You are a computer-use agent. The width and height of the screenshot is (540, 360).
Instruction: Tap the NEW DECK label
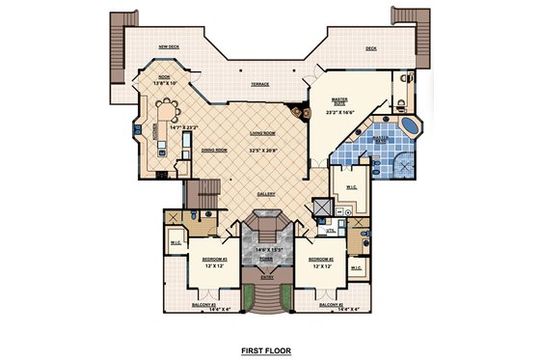click(x=170, y=46)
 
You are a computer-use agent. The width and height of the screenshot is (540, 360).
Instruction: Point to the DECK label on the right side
click(x=370, y=47)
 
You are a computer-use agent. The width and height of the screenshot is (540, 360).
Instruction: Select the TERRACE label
click(x=260, y=85)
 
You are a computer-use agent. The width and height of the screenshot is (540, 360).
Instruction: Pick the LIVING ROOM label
click(x=262, y=134)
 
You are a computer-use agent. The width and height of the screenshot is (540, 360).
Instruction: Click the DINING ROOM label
click(x=214, y=151)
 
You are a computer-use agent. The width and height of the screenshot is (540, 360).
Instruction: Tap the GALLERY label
click(x=266, y=194)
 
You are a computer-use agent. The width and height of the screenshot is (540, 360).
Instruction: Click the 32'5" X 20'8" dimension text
click(x=262, y=150)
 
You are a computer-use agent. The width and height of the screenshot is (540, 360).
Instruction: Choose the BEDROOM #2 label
click(x=318, y=260)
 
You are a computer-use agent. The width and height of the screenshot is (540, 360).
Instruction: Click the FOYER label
click(x=265, y=258)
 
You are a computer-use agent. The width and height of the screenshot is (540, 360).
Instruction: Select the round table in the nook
click(x=170, y=97)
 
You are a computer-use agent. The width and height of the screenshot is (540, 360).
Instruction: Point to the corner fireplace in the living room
click(x=306, y=112)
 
